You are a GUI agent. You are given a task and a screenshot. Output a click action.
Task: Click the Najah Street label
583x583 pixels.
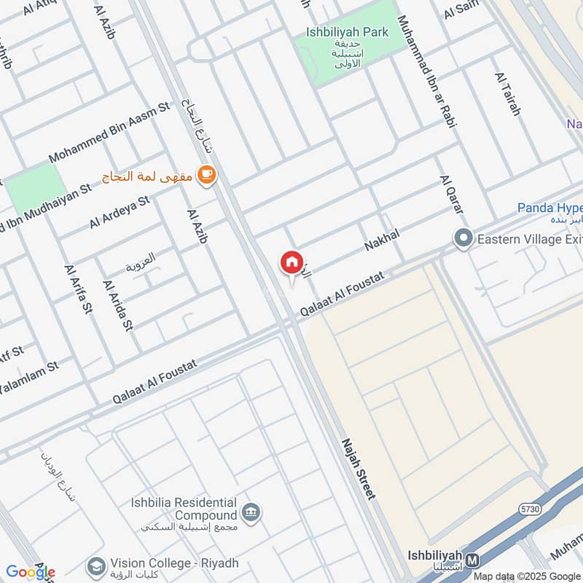pyautogui.click(x=359, y=468)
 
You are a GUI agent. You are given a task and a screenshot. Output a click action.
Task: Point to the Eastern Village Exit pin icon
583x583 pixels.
pyautogui.click(x=463, y=238)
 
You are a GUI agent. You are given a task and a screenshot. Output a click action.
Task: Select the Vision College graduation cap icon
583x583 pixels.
pyautogui.click(x=95, y=565)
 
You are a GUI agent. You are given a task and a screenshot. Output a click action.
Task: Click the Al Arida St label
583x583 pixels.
pyautogui.click(x=119, y=305)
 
